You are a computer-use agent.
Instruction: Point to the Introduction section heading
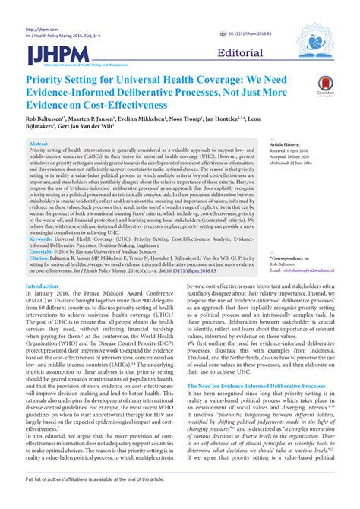(x=43, y=286)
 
